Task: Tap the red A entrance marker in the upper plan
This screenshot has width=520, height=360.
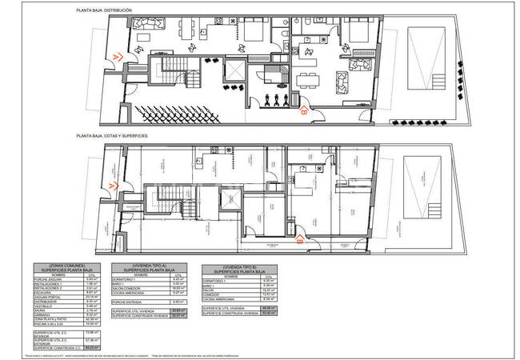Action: (x=119, y=57)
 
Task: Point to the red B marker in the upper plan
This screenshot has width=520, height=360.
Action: (x=303, y=112)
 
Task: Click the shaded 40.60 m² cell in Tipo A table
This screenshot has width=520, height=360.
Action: (x=179, y=310)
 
